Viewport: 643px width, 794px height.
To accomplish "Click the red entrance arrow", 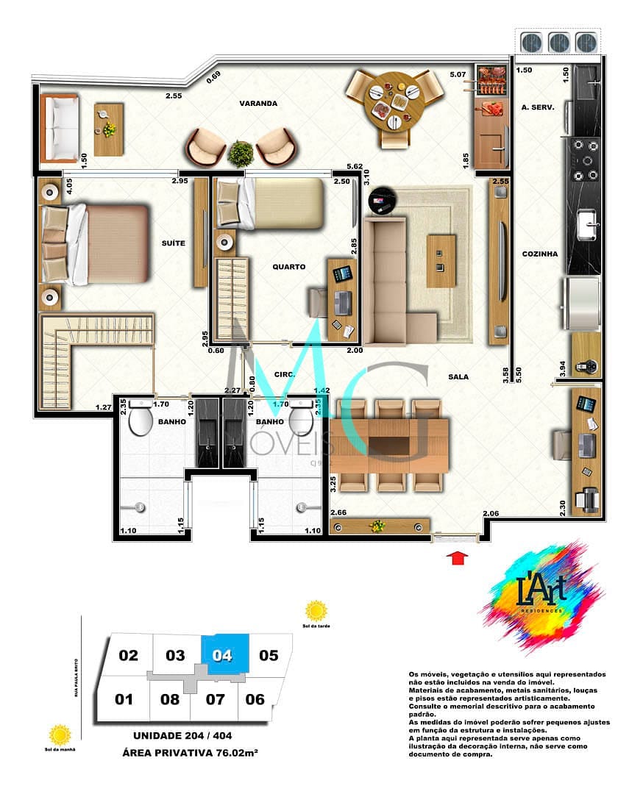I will (x=458, y=558).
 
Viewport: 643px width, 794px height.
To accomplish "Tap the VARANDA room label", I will (x=257, y=104).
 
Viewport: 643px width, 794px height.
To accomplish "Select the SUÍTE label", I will (x=174, y=243).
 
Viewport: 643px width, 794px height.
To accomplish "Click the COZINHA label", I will (x=540, y=254).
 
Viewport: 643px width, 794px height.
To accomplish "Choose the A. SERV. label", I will (x=537, y=107).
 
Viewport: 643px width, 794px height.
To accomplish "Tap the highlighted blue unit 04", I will (x=224, y=655).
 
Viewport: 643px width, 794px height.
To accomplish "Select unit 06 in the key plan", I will (x=255, y=699).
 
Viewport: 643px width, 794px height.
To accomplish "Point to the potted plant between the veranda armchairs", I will (x=241, y=153).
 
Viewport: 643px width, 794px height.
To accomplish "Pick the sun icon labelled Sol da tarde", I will (x=316, y=611).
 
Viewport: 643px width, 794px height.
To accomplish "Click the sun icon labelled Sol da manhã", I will (x=60, y=734).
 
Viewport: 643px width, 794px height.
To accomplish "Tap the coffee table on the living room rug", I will (x=441, y=261).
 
